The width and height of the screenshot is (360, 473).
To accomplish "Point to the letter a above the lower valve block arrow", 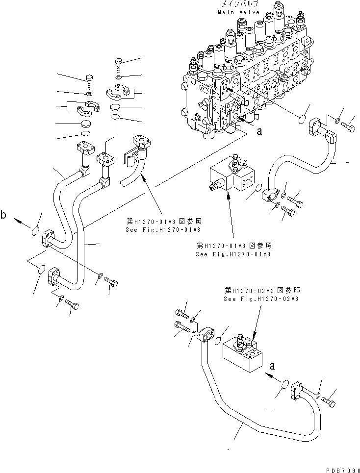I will pyautogui.click(x=272, y=365).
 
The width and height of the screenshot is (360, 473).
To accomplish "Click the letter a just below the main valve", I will pyautogui.click(x=259, y=131).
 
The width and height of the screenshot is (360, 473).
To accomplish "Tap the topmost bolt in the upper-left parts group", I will pyautogui.click(x=118, y=63).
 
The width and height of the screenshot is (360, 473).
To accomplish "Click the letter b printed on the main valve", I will pyautogui.click(x=247, y=103).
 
